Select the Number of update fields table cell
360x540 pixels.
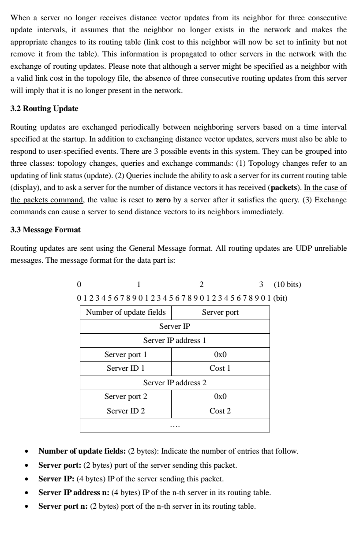point(126,313)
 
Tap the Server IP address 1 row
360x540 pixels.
point(175,341)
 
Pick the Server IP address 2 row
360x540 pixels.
point(175,383)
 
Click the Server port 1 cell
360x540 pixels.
point(126,354)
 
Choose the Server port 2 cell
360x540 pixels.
point(126,397)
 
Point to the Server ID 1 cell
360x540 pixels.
point(126,369)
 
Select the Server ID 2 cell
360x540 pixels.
point(126,411)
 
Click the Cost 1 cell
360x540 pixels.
point(220,369)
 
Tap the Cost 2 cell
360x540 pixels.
point(220,411)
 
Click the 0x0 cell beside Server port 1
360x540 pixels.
point(220,354)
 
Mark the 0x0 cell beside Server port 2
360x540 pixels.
point(220,397)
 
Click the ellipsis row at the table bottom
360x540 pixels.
point(175,425)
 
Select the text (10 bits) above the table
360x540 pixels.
point(287,284)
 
